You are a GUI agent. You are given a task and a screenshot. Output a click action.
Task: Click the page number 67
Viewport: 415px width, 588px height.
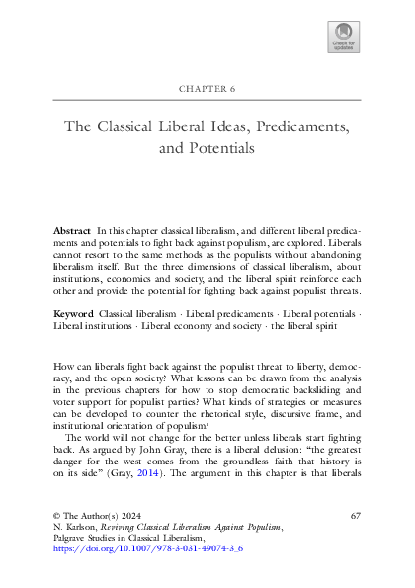pos(356,517)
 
